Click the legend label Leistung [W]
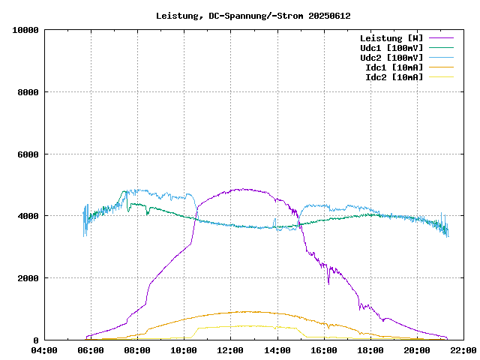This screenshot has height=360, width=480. coord(391,38)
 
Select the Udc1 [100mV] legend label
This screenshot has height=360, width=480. coord(391,48)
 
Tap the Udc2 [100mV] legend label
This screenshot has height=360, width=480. coord(391,58)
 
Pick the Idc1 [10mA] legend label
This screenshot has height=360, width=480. coord(393,67)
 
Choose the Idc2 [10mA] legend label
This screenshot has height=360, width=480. coord(393,77)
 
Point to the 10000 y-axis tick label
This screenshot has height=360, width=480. coord(25,30)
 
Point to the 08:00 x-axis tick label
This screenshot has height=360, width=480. coord(138,350)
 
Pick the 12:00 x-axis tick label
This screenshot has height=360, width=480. coord(231,350)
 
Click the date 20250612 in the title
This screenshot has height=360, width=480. coord(330,16)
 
